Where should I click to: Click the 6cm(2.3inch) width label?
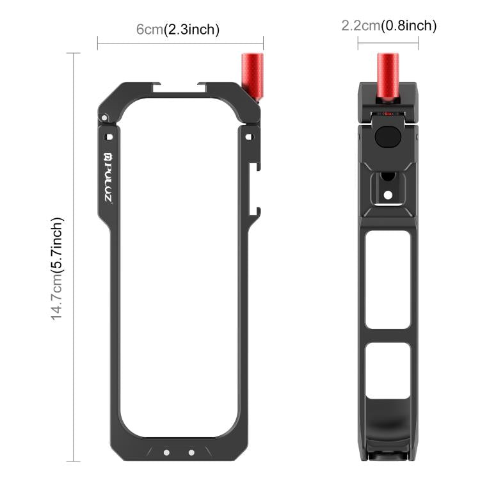(x=177, y=29)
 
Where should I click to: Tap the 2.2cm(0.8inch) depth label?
(x=388, y=26)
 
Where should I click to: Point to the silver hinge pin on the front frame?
(x=102, y=117)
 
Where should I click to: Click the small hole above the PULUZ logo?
(x=109, y=136)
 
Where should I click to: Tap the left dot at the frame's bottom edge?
(x=166, y=452)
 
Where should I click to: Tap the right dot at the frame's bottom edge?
(x=191, y=452)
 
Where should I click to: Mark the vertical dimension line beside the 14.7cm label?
(x=77, y=256)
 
